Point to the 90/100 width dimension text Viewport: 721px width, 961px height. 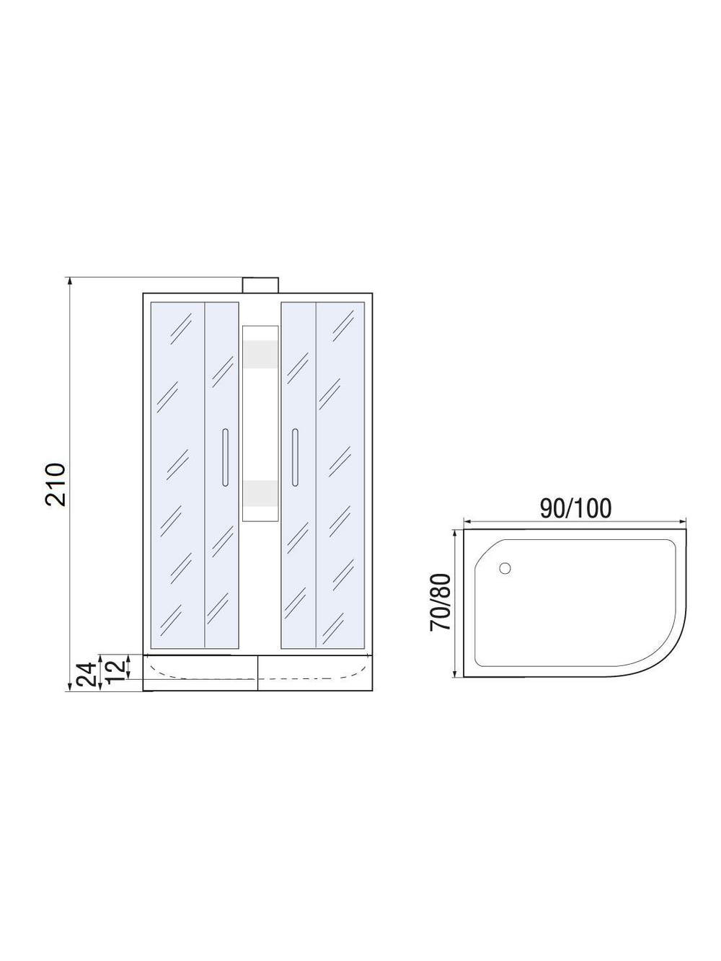point(575,508)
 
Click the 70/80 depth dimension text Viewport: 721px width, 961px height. point(440,602)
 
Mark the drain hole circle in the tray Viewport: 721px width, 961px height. point(504,568)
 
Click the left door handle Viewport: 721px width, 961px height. point(225,457)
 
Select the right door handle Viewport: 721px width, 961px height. point(294,457)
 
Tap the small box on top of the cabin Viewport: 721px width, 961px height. point(260,284)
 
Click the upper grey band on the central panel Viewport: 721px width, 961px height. point(260,355)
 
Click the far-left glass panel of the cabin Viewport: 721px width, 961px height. point(177,476)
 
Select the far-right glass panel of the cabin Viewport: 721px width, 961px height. point(340,476)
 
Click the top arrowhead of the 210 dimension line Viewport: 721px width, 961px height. point(70,282)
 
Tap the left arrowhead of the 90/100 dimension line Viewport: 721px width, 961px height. point(466,521)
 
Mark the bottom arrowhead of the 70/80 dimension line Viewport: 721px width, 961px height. point(455,673)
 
